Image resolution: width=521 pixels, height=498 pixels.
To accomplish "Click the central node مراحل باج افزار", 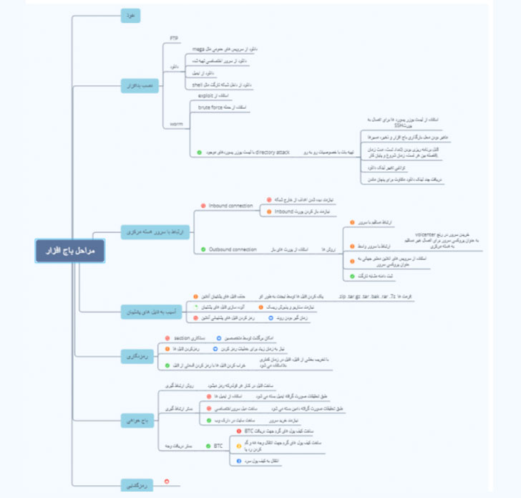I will point(70,250).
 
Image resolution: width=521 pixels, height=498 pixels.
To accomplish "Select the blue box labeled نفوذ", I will point(130,16).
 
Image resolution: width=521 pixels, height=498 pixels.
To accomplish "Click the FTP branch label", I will point(174,37).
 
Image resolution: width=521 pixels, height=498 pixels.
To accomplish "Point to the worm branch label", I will point(177,123).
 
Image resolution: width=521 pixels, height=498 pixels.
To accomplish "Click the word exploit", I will point(205,94).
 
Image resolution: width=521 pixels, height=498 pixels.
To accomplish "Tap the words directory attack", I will point(273,153).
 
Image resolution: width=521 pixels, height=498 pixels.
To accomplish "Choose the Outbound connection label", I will point(233,249).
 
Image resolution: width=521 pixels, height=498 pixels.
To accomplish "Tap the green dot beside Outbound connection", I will point(202,249).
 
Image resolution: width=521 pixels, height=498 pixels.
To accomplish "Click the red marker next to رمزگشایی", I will point(167,481).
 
